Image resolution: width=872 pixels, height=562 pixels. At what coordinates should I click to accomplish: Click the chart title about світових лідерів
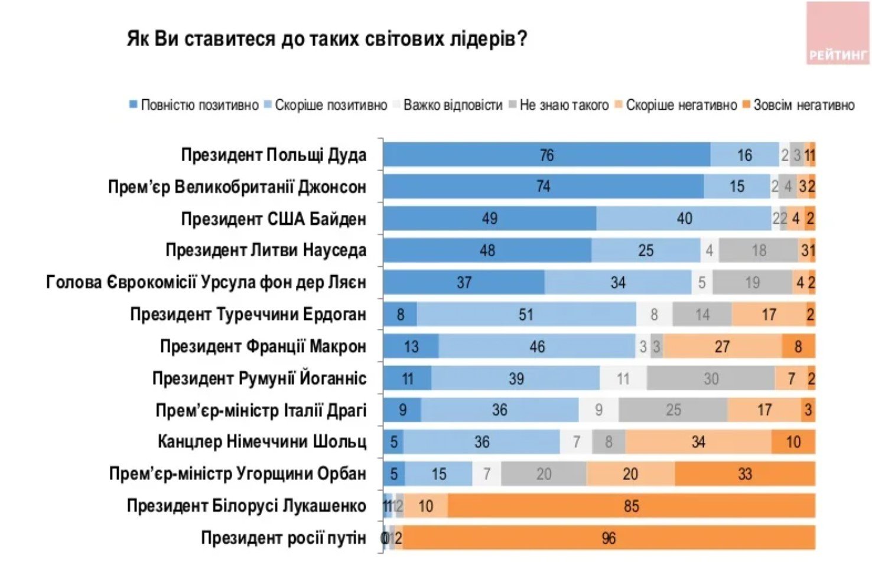click(x=326, y=39)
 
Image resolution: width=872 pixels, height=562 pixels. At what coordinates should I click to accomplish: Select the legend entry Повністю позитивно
click(x=194, y=105)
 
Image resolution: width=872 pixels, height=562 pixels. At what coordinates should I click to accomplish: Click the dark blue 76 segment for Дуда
click(x=546, y=155)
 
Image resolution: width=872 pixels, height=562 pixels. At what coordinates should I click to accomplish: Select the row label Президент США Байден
click(x=274, y=219)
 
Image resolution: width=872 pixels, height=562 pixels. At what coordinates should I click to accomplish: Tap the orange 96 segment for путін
click(x=609, y=538)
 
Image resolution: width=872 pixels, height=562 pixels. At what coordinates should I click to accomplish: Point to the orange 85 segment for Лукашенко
click(x=631, y=506)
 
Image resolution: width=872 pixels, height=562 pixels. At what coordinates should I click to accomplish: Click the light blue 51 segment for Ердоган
click(x=526, y=315)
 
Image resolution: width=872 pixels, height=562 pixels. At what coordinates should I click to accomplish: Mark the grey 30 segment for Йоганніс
click(x=711, y=378)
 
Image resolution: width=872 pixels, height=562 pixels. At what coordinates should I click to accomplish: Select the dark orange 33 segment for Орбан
click(x=744, y=474)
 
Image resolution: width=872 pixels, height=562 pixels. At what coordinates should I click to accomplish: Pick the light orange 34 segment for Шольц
click(x=698, y=442)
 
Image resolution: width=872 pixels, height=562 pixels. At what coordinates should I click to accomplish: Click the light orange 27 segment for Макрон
click(x=722, y=347)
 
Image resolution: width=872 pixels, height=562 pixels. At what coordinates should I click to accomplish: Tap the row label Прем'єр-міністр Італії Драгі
click(x=261, y=410)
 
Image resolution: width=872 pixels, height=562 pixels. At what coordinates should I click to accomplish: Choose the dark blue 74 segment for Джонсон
click(x=543, y=187)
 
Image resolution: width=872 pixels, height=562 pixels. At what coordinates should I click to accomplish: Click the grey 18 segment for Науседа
click(x=759, y=251)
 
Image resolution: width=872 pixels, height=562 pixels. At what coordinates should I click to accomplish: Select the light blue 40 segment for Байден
click(x=684, y=219)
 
